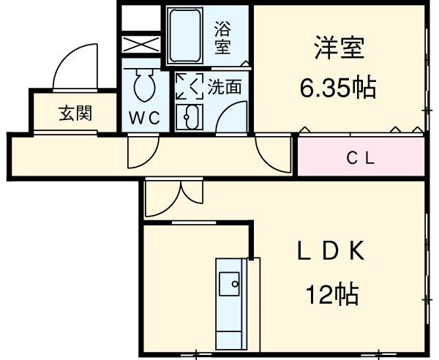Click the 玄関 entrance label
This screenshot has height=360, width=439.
[75, 113]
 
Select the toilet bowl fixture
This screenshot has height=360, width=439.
[143, 88]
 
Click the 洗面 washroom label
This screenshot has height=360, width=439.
[225, 87]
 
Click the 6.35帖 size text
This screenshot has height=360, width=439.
[337, 88]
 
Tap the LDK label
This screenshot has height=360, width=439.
[329, 252]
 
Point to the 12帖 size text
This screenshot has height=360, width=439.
[331, 295]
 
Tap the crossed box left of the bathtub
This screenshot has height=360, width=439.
[141, 42]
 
